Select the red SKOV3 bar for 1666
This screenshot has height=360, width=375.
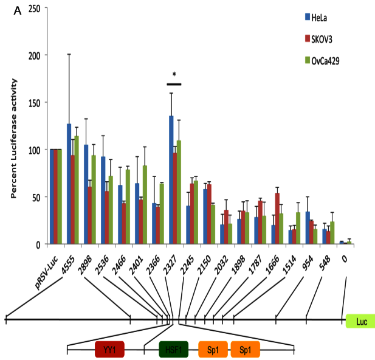[278, 218]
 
